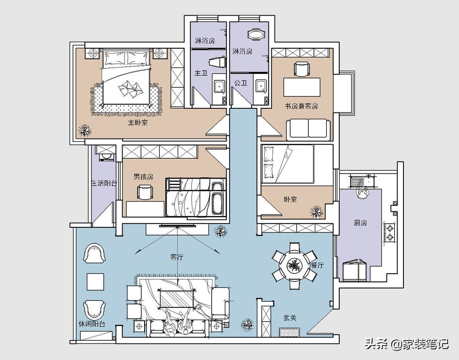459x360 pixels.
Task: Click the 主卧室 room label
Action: [x=137, y=123]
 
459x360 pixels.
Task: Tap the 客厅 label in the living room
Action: [x=177, y=257]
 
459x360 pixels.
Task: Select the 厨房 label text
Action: [x=360, y=223]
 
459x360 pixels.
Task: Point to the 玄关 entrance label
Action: [x=290, y=318]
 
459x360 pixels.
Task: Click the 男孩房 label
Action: [x=143, y=177]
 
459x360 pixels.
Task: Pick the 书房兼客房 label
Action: [x=302, y=106]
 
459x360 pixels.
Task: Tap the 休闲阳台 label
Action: [x=92, y=324]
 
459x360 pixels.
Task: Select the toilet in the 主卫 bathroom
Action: [x=218, y=62]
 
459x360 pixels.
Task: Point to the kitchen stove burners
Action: [x=390, y=233]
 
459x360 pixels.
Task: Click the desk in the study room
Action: [x=302, y=87]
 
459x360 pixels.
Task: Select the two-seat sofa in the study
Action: [x=308, y=129]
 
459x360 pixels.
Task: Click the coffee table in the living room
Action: [x=177, y=299]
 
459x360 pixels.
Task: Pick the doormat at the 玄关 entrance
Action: [x=290, y=333]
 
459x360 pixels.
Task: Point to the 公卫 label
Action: [x=241, y=83]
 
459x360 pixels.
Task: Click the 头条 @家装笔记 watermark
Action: [x=407, y=343]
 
